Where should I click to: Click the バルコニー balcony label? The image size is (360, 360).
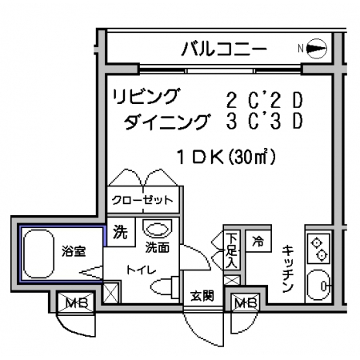pos(224,49)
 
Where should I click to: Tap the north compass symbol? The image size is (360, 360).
pos(316,49)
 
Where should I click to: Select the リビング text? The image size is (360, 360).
pos(146,97)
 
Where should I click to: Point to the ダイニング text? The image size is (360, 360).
pos(166,122)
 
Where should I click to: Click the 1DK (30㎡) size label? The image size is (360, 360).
pos(226,158)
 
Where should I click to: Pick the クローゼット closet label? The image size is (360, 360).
pos(143,200)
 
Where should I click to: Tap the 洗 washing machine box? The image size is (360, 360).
pos(121,232)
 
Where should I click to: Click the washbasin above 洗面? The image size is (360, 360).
pos(158,229)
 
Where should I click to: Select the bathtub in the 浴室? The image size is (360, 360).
pos(38,254)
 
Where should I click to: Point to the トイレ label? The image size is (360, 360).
pos(141,270)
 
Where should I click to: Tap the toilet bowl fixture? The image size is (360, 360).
pos(165,287)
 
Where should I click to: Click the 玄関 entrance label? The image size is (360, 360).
pos(202,296)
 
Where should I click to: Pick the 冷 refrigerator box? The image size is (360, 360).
pos(258,241)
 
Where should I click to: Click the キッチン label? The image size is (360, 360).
pos(288,269)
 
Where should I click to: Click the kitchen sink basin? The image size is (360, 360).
pos(318,286)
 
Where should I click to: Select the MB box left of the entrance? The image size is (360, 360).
pos(76,302)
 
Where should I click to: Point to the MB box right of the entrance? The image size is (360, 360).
pos(246,302)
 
